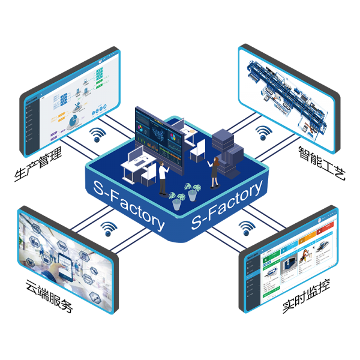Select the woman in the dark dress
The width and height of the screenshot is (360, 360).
(214, 170)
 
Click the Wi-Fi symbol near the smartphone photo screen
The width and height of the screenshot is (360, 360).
(109, 228)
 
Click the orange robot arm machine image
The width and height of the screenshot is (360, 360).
(305, 253)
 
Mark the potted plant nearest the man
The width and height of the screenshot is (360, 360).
(176, 200)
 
